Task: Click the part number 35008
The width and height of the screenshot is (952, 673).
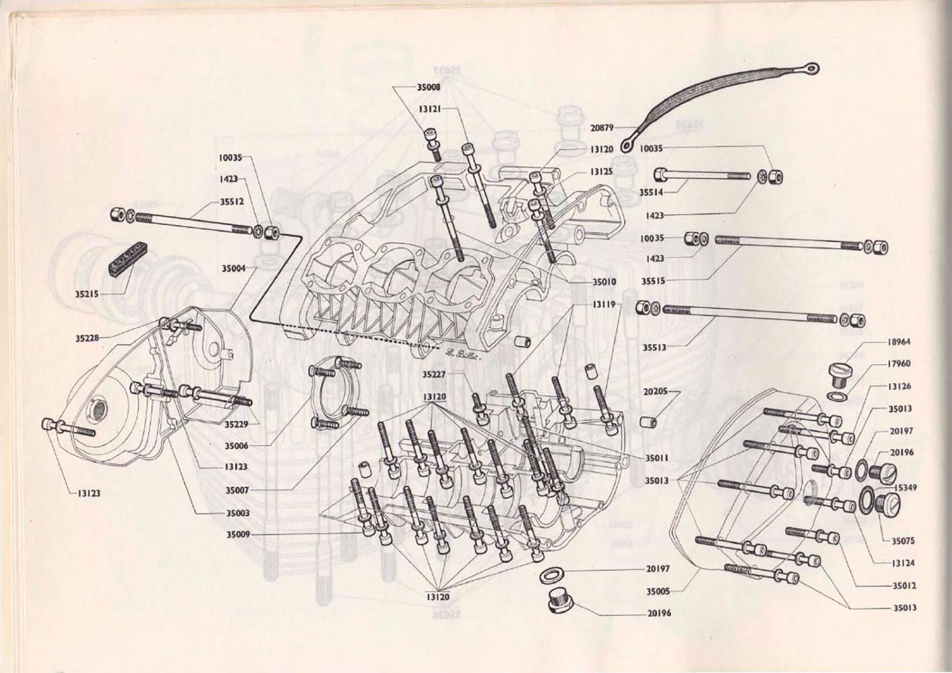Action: point(428,87)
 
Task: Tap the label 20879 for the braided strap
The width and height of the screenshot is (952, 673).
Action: point(602,127)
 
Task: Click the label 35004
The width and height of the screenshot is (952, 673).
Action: point(233,269)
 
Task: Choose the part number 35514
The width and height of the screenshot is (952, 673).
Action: point(651,192)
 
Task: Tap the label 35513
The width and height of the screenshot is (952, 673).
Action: point(654,348)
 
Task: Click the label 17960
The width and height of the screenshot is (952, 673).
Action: point(899,363)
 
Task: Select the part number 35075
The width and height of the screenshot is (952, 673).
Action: point(903,541)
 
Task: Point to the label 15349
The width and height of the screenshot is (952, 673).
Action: point(905,487)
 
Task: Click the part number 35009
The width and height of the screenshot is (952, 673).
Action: point(238,534)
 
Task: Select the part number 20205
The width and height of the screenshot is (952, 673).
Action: point(655,391)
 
